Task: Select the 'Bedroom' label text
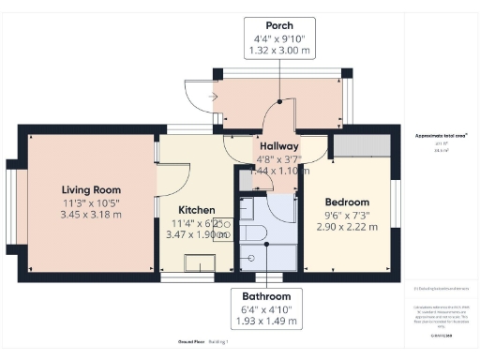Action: [347, 202]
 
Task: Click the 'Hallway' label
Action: [278, 146]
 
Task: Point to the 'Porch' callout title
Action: [279, 25]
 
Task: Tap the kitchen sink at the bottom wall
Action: [199, 262]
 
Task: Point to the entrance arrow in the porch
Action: [216, 95]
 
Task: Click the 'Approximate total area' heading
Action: [442, 136]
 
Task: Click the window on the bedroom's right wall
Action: [396, 202]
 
